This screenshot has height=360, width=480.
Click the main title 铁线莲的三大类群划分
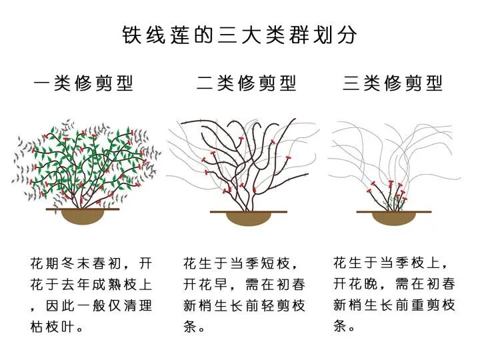point(240,35)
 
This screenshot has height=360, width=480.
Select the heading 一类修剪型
point(83,83)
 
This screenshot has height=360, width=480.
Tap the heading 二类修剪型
point(247,83)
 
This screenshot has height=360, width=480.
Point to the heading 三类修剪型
point(393,83)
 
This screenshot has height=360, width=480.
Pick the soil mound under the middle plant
point(248,219)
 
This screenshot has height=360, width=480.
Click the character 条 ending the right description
point(341,327)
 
